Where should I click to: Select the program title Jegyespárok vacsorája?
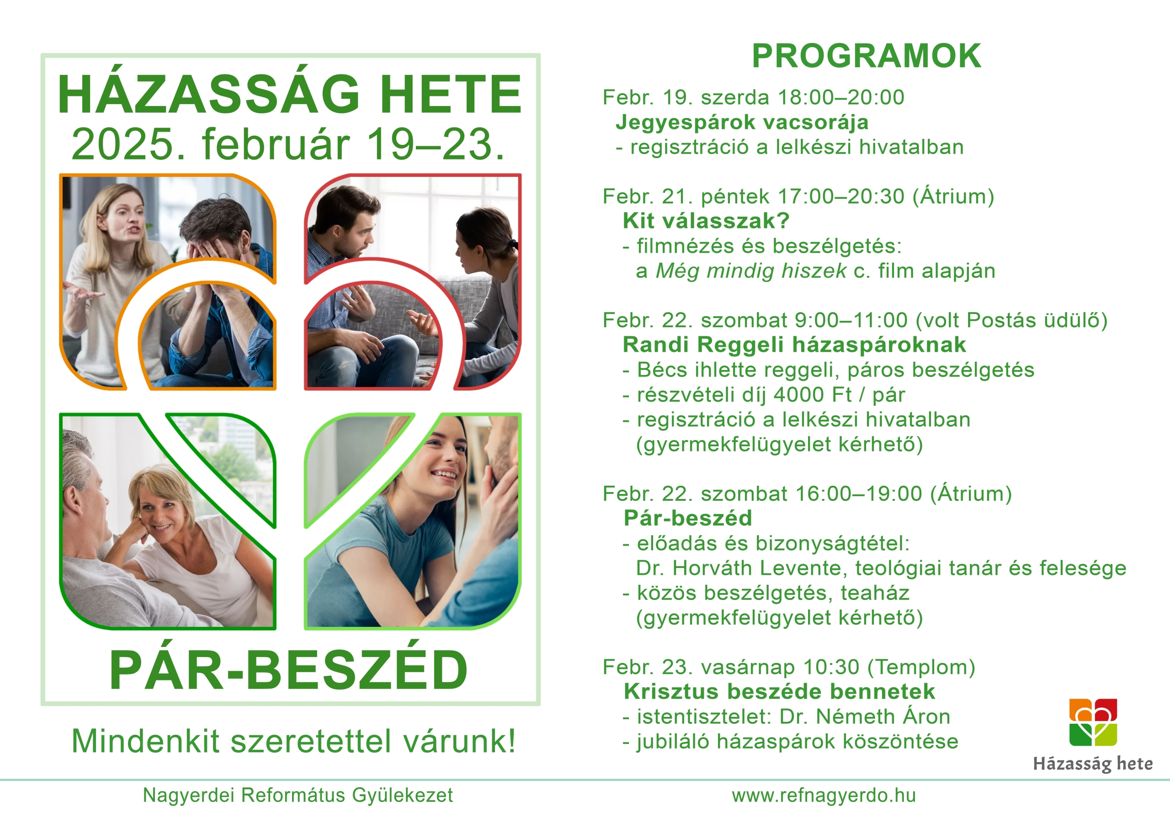click(x=742, y=122)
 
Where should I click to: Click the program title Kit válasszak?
click(x=706, y=221)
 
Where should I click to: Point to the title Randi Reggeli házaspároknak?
click(x=794, y=345)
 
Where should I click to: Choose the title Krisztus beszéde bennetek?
click(x=780, y=692)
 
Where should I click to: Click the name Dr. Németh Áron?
click(x=865, y=716)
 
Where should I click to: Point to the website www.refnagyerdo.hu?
click(x=824, y=795)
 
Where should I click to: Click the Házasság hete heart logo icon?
click(x=1093, y=722)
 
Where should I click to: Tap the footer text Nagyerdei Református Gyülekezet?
click(x=298, y=795)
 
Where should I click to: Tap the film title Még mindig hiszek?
click(x=750, y=271)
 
